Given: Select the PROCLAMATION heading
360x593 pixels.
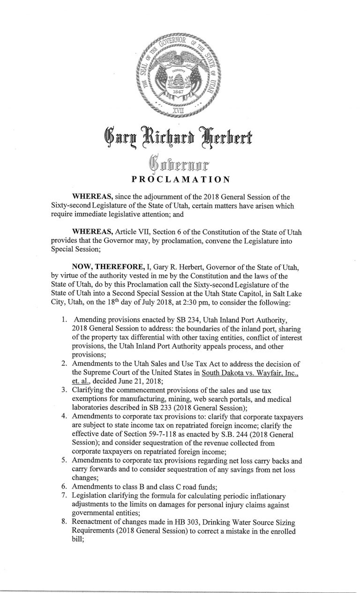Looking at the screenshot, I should coord(180,178).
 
